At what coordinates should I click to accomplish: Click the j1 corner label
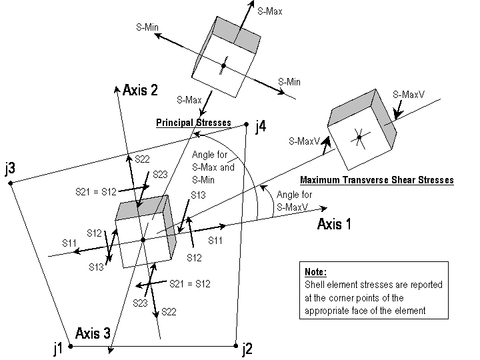tap(58, 347)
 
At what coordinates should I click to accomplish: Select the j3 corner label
tap(10, 169)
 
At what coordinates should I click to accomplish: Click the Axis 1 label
tap(334, 224)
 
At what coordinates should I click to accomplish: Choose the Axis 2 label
tap(141, 91)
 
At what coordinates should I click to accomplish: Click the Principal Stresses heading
tap(193, 123)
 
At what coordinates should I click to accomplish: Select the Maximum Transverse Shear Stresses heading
tap(377, 180)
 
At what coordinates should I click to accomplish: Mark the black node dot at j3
tap(11, 183)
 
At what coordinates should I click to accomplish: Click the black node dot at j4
tap(247, 123)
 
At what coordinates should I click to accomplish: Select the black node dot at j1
tap(70, 347)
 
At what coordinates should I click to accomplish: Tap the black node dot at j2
tap(235, 345)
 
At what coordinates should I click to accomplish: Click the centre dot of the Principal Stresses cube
tap(224, 65)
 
